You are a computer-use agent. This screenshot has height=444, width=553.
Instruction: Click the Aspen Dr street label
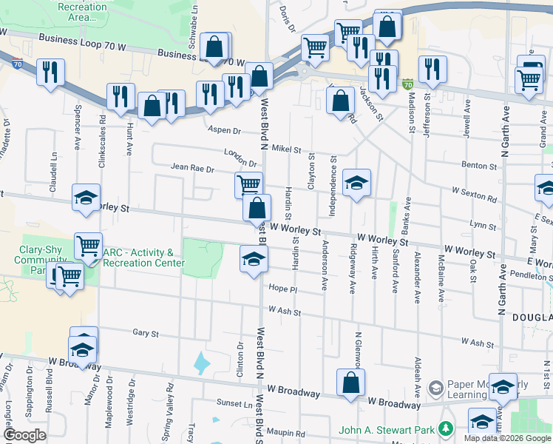225,130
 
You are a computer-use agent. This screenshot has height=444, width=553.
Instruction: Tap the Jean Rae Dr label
192,169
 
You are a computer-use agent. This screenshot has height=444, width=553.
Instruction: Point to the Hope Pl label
282,289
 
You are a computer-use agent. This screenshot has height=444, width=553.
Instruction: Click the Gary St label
146,334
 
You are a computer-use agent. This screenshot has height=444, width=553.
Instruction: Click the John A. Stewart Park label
388,429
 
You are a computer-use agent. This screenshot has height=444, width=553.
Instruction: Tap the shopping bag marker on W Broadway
351,383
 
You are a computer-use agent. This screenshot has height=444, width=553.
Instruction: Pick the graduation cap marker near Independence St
356,183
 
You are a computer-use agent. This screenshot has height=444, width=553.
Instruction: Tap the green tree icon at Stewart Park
445,429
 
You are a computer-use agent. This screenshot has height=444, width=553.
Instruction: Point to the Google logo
24,435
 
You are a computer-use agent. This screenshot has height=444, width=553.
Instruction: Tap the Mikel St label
286,149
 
